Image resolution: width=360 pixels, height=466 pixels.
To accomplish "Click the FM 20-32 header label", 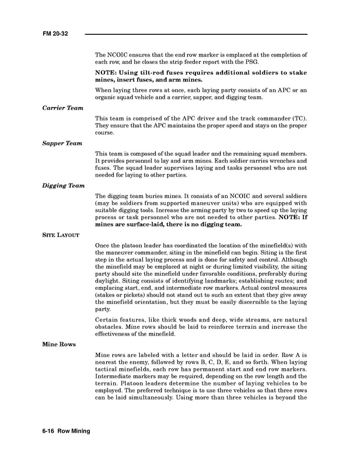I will coord(56,34).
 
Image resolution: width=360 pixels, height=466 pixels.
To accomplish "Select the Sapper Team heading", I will coord(62,143).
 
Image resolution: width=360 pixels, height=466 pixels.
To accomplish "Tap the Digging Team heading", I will coord(63,185).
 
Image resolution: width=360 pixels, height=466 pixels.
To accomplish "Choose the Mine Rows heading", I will coord(59,344).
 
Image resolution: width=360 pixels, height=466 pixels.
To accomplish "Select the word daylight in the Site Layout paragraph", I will coord(110,274).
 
